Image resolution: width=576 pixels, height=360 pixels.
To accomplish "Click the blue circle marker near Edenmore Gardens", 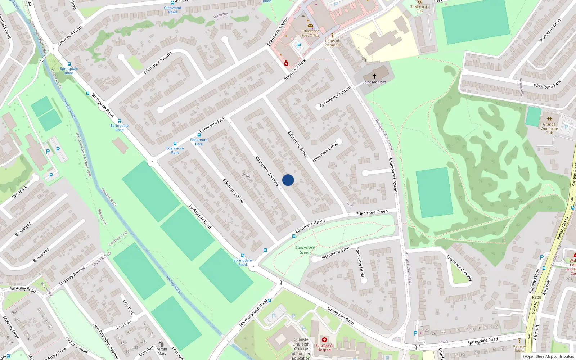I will (288, 180).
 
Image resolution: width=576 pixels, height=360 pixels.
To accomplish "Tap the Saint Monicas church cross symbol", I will (374, 76).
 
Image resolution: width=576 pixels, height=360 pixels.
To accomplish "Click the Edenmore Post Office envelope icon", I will (310, 26).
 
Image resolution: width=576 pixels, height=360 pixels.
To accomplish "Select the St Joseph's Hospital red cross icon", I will (324, 340).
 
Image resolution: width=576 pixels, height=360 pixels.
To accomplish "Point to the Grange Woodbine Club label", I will (549, 129).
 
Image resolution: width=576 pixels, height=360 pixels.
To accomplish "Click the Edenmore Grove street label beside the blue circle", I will (297, 144).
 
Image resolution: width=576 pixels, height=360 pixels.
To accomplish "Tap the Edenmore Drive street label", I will (233, 191).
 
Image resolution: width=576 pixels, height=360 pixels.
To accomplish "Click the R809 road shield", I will (536, 297).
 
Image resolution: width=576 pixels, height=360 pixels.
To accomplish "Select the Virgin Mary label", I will (162, 351).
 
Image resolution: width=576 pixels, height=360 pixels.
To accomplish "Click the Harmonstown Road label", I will (253, 312).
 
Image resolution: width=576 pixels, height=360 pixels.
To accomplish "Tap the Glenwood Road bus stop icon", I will (172, 3).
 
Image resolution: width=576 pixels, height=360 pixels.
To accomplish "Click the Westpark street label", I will (20, 192).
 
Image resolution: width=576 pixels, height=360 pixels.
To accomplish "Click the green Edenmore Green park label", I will (305, 250).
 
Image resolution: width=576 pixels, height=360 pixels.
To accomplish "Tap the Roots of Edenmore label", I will (332, 43).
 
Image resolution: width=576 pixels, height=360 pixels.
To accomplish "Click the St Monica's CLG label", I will (419, 9).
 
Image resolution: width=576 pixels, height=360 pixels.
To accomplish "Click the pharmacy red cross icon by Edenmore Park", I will (286, 63).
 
